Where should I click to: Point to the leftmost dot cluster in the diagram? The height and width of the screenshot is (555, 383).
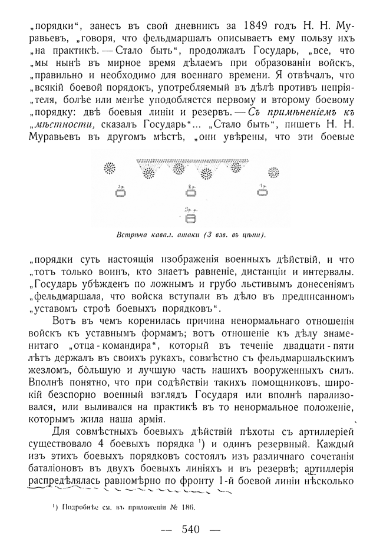pyautogui.click(x=110, y=169)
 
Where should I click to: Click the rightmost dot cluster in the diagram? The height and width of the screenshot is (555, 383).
pyautogui.click(x=273, y=172)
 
